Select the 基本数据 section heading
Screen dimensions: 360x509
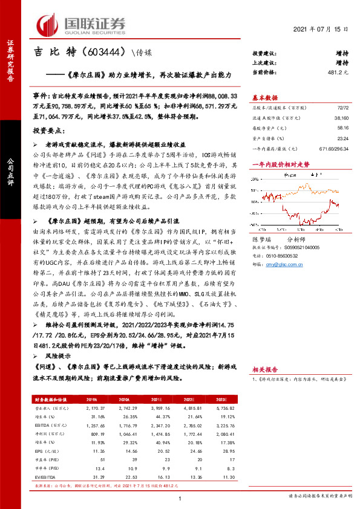pyautogui.click(x=264, y=97)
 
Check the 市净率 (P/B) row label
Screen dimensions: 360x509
pyautogui.click(x=48, y=468)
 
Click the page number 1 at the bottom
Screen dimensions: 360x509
pyautogui.click(x=180, y=498)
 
